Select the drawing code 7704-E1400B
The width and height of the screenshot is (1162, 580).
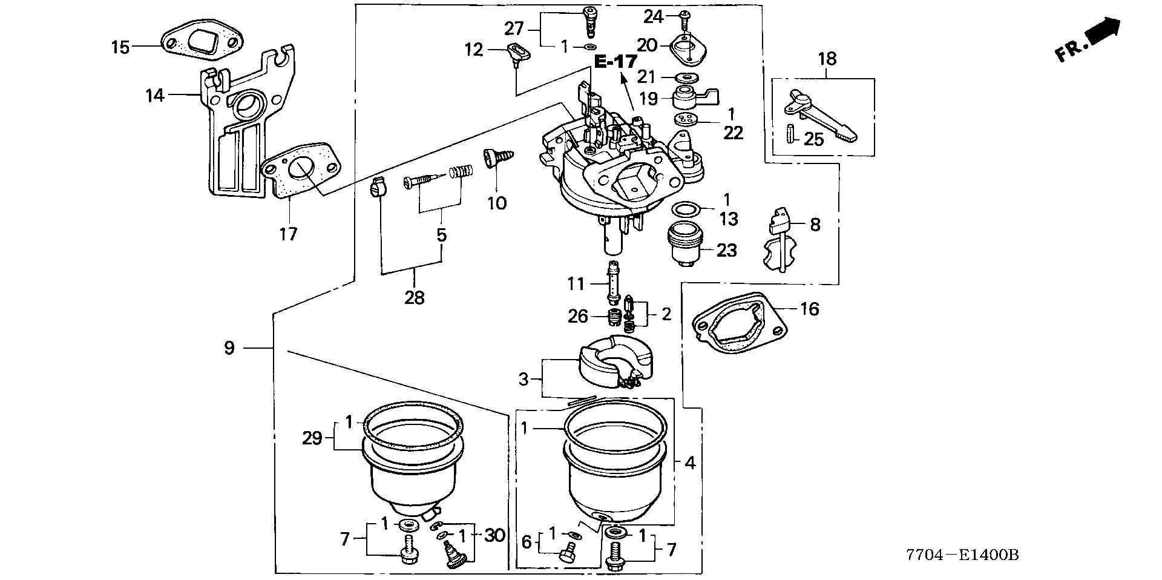pos(962,555)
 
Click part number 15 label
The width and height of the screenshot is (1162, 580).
pos(120,47)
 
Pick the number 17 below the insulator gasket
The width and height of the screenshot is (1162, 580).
pos(288,234)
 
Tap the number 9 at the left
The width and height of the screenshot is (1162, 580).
pos(229,348)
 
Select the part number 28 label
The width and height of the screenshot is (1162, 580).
pos(415,297)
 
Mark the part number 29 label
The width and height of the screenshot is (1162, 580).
pos(312,438)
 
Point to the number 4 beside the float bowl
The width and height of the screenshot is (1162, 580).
pos(689,463)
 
